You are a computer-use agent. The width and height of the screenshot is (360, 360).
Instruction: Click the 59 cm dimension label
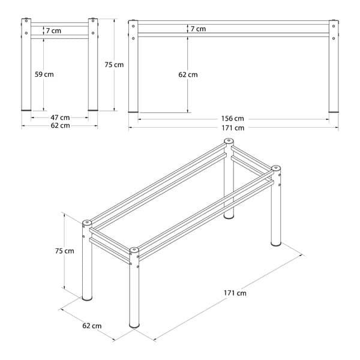(44, 74)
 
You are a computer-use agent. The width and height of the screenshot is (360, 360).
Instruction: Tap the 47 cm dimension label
(60, 118)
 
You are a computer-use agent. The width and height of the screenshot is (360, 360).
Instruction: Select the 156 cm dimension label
(232, 118)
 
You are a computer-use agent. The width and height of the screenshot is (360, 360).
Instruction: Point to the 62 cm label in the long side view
(188, 74)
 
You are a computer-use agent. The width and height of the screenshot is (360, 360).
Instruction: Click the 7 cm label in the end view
(53, 31)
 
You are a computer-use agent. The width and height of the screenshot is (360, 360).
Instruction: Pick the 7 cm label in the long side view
(198, 29)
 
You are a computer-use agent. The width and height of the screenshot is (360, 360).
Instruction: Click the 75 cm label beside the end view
(114, 65)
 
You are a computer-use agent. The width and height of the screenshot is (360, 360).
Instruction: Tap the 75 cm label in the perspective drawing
(65, 251)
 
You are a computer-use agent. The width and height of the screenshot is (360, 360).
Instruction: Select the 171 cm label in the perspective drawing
(235, 293)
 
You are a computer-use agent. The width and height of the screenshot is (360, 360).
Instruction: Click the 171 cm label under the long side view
(233, 128)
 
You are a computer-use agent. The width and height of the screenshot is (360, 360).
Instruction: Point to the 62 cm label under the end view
(60, 125)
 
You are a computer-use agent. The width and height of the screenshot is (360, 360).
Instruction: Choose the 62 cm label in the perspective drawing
(92, 326)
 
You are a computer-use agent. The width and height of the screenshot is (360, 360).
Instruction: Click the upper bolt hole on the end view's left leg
(26, 21)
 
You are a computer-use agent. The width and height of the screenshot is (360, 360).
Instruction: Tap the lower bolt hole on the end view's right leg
(93, 33)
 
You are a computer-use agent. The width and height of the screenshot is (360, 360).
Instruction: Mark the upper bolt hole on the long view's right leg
(334, 26)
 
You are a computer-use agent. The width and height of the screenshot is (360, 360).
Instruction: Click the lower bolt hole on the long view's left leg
(133, 38)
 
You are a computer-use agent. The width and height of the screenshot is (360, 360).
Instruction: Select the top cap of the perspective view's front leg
(134, 250)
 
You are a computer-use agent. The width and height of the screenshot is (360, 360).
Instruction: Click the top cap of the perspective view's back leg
(229, 140)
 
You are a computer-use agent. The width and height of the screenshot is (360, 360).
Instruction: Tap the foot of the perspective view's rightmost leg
(276, 244)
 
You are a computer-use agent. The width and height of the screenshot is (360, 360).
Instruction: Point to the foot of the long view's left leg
(133, 112)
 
